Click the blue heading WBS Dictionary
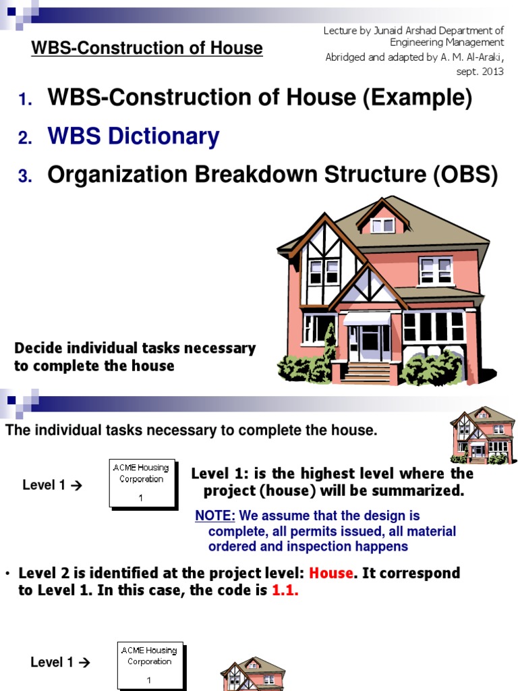[x=133, y=137]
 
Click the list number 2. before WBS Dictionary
[x=26, y=138]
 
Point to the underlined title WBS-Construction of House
[x=148, y=48]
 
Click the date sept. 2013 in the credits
[x=480, y=72]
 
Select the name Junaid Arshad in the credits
[x=397, y=30]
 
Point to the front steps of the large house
[x=368, y=372]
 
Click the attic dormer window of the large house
[x=382, y=225]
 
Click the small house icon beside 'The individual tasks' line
[x=483, y=435]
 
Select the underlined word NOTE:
[x=215, y=516]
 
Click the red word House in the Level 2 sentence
[x=331, y=573]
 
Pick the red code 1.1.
[x=285, y=590]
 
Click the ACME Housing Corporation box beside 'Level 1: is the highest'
[x=142, y=483]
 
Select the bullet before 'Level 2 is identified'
[x=7, y=574]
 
